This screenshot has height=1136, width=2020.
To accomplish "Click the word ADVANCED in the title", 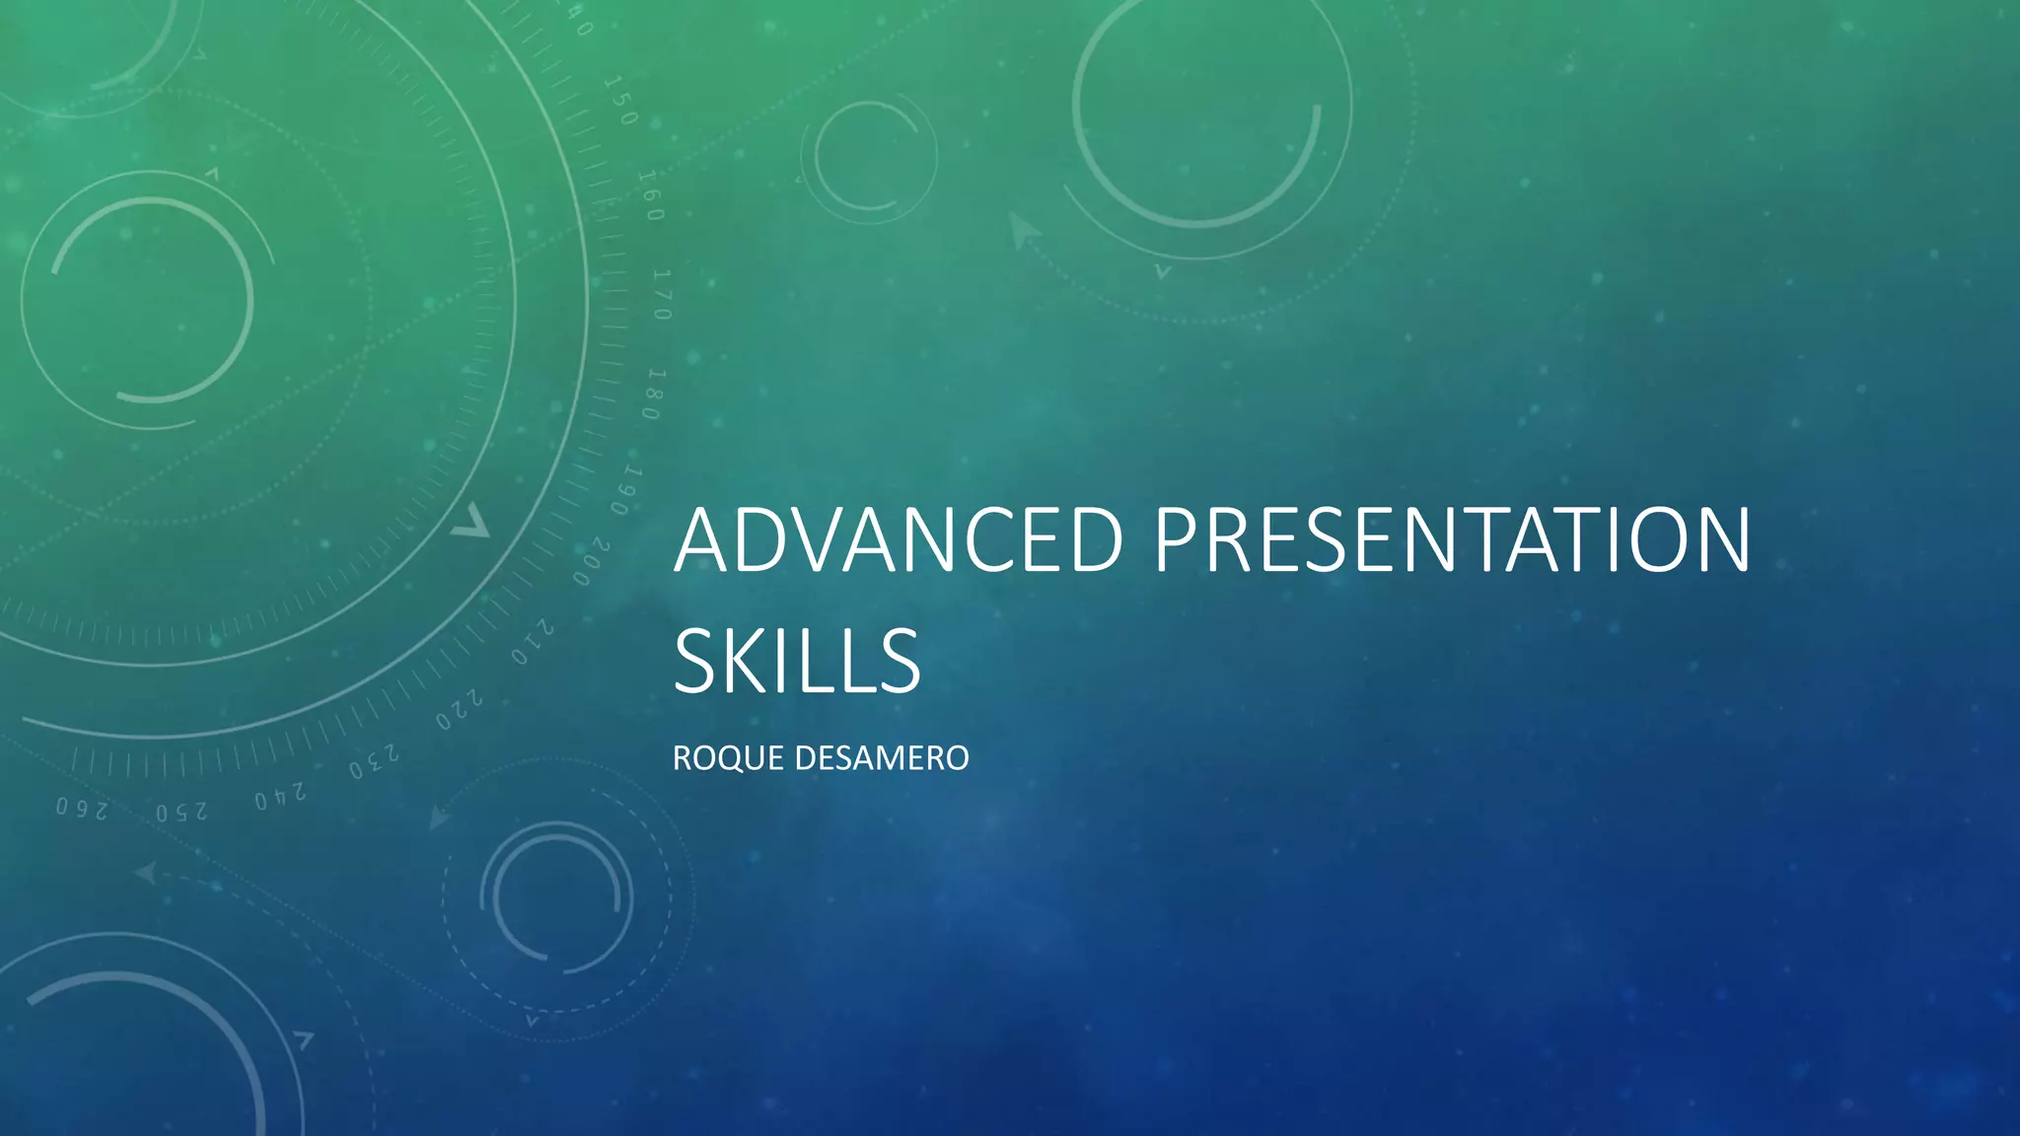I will point(898,540).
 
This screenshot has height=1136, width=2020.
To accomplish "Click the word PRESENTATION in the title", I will point(1452,540).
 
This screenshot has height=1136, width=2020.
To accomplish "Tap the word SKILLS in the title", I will point(797,661).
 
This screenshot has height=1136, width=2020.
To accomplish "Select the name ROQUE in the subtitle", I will point(728,758).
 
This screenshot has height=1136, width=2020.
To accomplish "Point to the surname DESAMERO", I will point(881,758).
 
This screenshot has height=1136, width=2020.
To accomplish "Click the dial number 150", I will point(621,101).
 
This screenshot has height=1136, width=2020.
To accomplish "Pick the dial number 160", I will point(651,195).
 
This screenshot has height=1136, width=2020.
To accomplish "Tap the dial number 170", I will point(662,295).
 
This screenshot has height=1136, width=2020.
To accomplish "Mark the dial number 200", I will point(591,562).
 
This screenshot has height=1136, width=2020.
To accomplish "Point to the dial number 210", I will point(532,642).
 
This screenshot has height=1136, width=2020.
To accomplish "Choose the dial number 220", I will point(460,711).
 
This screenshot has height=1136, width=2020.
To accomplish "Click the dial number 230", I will point(374,762).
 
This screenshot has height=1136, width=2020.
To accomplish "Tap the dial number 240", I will point(280,796).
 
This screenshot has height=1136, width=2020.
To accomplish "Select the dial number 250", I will point(181,812).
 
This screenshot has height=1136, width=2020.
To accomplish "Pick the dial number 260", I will point(81,809).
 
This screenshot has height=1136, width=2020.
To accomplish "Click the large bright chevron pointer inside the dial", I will point(471,522).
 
